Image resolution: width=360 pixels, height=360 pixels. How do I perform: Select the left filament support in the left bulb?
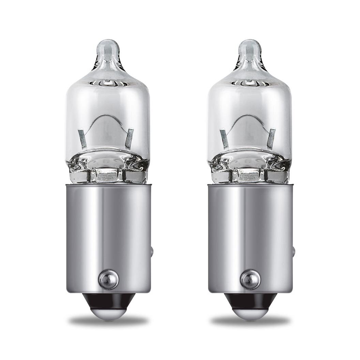[x=82, y=138]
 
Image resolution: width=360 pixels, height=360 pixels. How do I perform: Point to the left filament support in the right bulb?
[x=224, y=138]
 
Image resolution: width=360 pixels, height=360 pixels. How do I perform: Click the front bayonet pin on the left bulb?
[x=108, y=279]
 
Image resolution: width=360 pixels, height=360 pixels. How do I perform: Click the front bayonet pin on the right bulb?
[x=250, y=279]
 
